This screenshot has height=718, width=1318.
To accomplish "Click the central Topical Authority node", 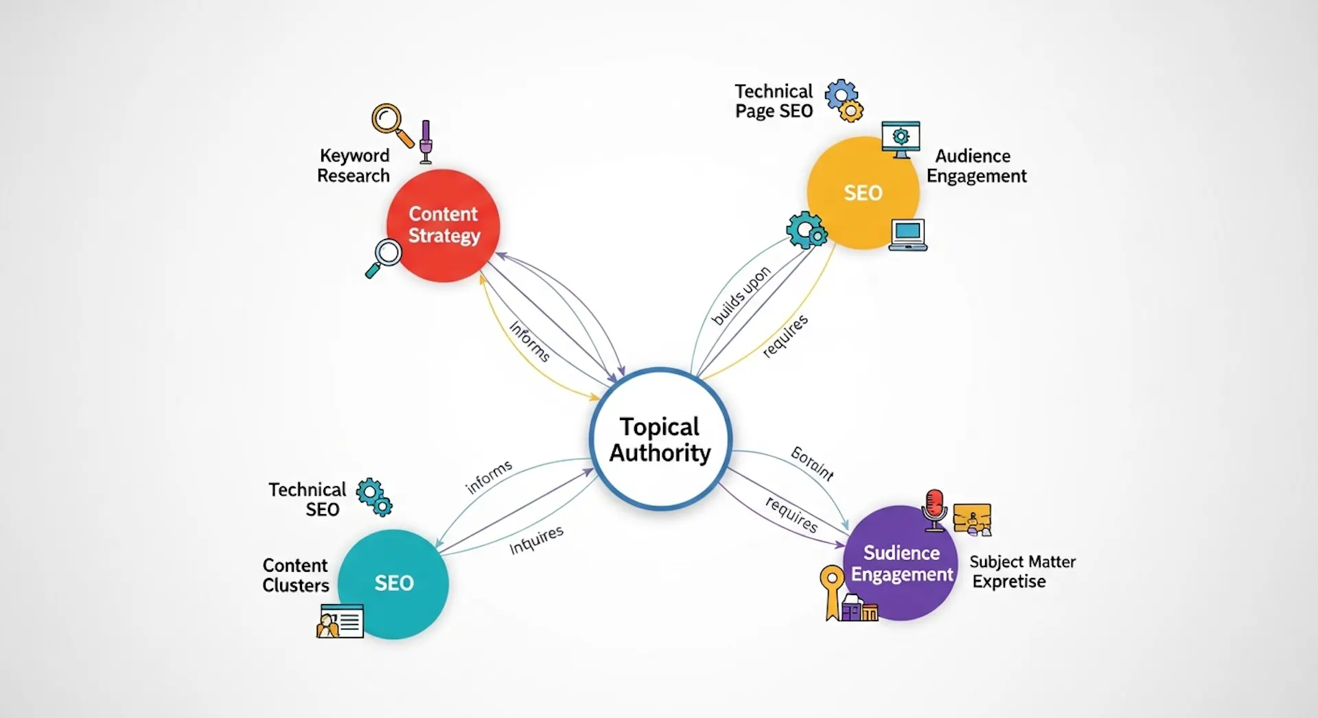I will [x=660, y=439].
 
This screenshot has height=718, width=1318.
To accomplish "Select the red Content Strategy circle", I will [x=443, y=225].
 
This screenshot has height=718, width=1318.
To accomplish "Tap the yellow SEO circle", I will [x=863, y=193].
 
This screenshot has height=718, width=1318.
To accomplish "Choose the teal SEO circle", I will [x=393, y=583].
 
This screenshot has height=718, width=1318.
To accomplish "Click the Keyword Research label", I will [x=354, y=166].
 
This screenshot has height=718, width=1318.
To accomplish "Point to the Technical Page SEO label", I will [x=774, y=102].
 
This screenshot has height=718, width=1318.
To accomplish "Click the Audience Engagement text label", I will [x=976, y=166].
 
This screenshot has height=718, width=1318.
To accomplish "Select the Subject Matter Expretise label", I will [x=1022, y=572].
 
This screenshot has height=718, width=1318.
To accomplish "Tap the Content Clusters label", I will [x=296, y=575].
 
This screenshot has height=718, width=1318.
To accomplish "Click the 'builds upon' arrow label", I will [x=741, y=296].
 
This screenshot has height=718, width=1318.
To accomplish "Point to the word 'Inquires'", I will [x=536, y=540].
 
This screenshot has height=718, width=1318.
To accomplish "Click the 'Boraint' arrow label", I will [x=812, y=463].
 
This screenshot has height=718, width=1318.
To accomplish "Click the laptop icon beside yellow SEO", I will [x=907, y=235].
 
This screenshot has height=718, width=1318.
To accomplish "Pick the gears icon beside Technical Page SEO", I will [x=844, y=100].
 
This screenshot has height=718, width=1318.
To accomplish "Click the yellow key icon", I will [x=832, y=590].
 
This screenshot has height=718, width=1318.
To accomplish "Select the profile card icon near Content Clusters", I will [x=340, y=621].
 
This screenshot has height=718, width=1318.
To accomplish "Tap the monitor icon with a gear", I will [x=901, y=139].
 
